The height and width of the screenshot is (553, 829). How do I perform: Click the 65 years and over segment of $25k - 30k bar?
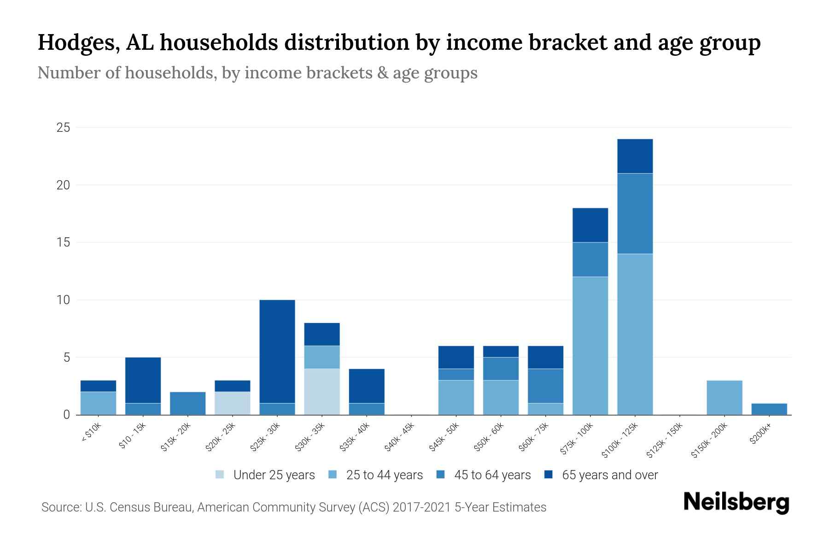point(277,351)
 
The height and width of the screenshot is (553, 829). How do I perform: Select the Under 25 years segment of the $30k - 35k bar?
point(322,392)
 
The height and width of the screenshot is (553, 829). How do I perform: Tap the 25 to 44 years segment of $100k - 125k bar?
point(635,334)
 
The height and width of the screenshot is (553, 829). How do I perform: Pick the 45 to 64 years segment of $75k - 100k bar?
point(590,259)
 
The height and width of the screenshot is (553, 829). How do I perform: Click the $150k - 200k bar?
point(724,397)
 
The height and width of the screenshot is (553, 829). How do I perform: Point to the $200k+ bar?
point(769,409)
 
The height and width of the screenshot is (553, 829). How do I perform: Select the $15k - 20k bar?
point(188,403)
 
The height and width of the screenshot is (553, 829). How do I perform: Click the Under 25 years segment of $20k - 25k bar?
point(233,403)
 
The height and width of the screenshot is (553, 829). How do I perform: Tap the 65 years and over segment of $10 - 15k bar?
point(143,380)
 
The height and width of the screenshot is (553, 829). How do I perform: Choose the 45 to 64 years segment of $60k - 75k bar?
point(545,386)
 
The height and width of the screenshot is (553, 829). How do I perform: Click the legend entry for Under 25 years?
point(265,475)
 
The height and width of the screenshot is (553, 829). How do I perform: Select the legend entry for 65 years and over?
point(601,475)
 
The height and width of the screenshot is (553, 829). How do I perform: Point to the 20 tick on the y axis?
point(63,185)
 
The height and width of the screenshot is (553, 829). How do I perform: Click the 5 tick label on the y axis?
point(66,358)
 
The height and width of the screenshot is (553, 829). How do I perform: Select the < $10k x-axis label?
point(91,433)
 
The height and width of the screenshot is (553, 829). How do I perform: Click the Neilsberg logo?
point(736,502)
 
